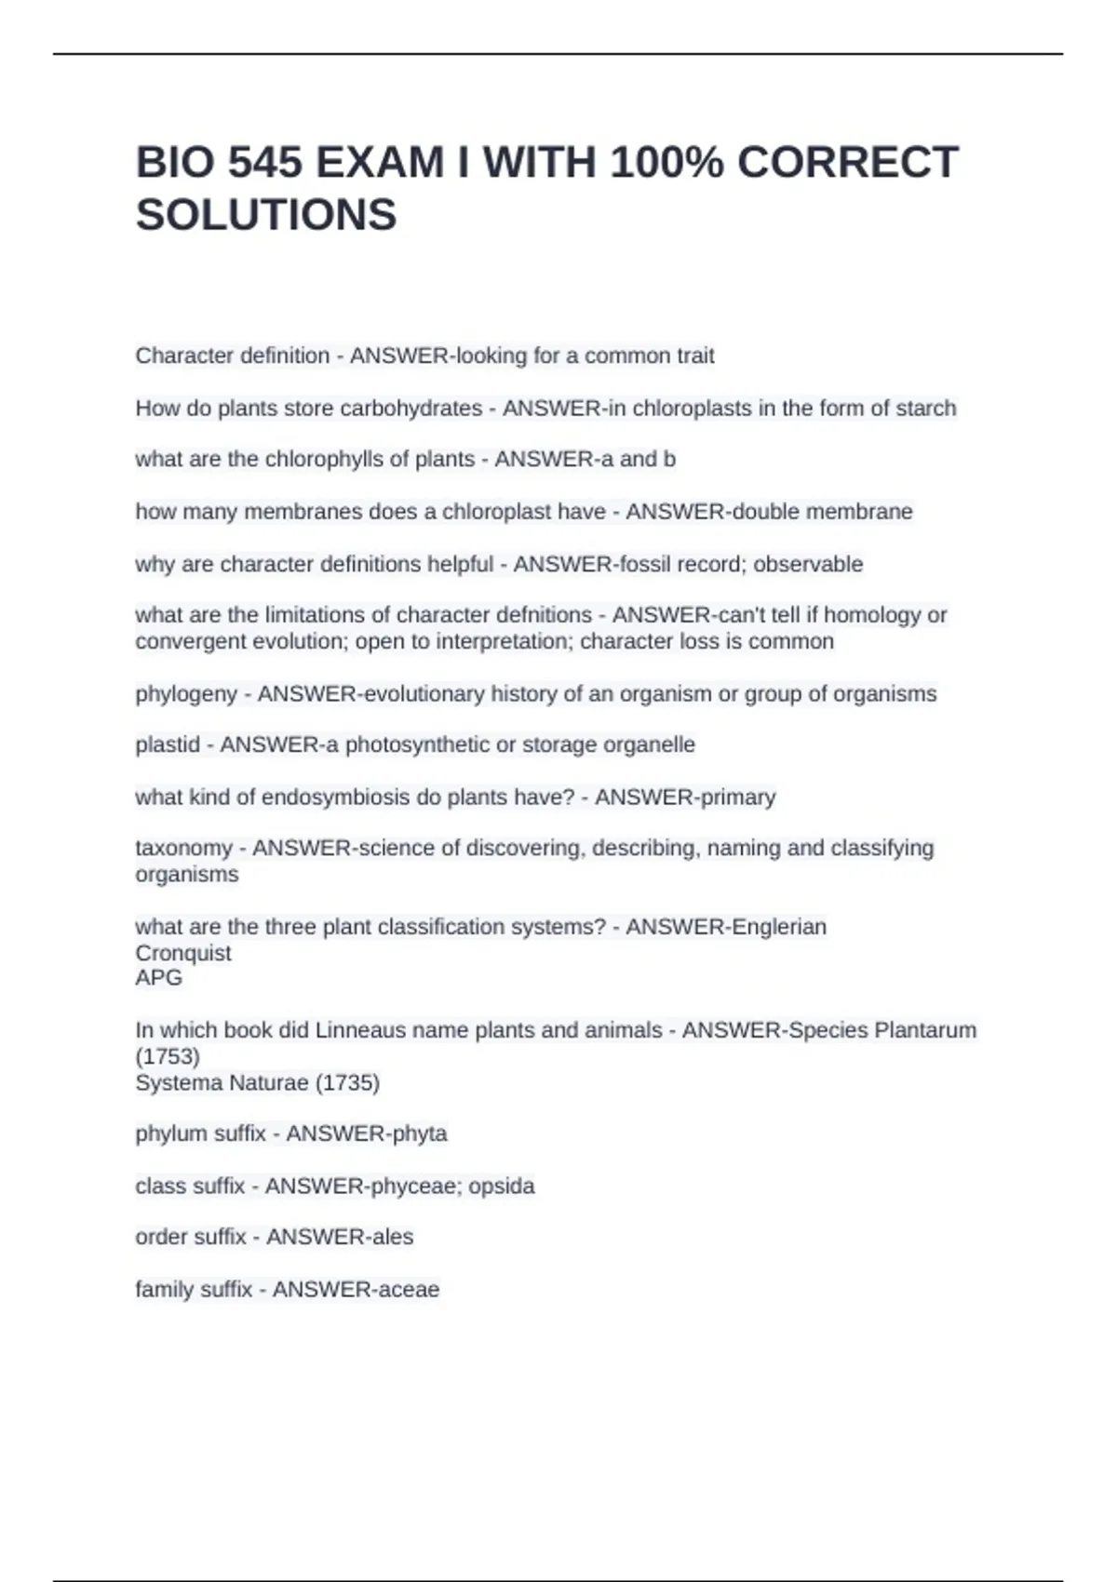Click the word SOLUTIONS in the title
point(266,215)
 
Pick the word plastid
point(168,744)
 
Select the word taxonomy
point(183,849)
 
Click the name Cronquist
point(183,953)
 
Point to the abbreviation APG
point(159,978)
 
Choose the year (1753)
point(168,1057)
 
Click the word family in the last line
point(164,1290)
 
